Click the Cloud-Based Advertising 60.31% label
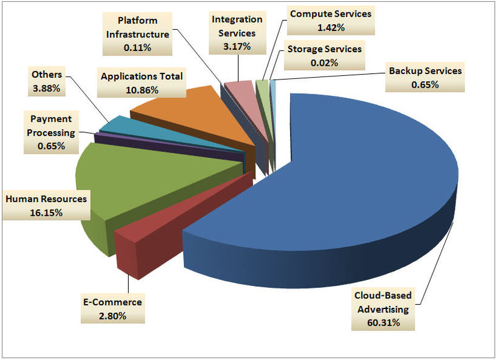pyautogui.click(x=381, y=309)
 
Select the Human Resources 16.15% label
pyautogui.click(x=46, y=206)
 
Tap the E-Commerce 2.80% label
pyautogui.click(x=113, y=309)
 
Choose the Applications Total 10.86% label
pyautogui.click(x=141, y=83)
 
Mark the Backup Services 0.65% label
pyautogui.click(x=425, y=77)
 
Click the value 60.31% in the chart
pyautogui.click(x=381, y=322)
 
